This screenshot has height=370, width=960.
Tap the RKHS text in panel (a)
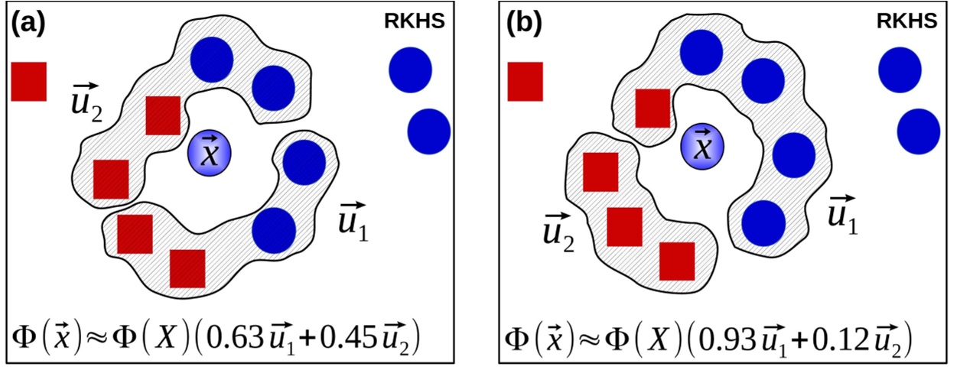click(x=414, y=22)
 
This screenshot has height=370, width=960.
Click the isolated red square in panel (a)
click(x=29, y=81)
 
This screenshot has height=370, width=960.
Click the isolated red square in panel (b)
click(x=526, y=81)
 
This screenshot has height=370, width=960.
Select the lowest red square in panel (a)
click(x=187, y=268)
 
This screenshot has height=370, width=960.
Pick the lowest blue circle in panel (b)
click(x=764, y=222)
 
